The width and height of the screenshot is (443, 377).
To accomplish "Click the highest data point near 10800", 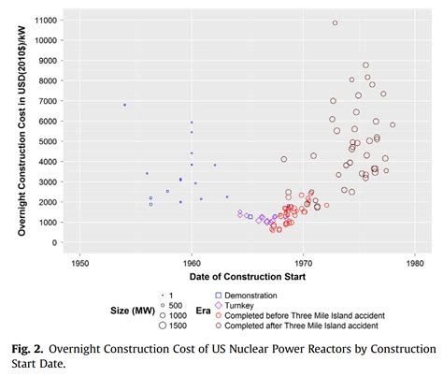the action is click(x=335, y=23).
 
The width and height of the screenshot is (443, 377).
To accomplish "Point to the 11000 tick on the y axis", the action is click(x=46, y=21).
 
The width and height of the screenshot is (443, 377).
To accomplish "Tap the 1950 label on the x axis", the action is click(x=80, y=264).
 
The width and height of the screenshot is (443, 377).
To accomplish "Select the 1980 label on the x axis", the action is click(x=415, y=264).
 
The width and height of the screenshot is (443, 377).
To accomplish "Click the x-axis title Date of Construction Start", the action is click(x=248, y=277).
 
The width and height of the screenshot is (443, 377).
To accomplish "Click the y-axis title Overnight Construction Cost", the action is click(x=21, y=131).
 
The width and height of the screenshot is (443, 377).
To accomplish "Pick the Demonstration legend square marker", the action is click(x=219, y=296).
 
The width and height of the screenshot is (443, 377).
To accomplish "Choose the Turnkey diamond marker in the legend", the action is click(x=219, y=305).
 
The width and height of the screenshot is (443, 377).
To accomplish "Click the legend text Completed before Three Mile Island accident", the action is click(x=305, y=315).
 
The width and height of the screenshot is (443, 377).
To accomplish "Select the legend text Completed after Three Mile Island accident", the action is click(x=301, y=326).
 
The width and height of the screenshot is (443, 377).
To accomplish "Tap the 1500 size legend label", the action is click(x=178, y=326).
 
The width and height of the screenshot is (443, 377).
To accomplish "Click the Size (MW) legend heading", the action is click(x=133, y=311).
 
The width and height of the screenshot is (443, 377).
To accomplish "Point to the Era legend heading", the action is click(x=203, y=311).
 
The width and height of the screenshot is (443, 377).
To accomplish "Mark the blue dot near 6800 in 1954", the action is click(x=124, y=105).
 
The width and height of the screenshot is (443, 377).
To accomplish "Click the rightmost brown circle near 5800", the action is click(x=393, y=124).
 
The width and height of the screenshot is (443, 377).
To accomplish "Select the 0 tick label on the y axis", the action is click(x=55, y=242).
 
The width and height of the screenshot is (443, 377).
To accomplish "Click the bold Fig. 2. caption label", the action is click(x=27, y=349).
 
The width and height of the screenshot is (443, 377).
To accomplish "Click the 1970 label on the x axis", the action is click(x=303, y=264).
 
